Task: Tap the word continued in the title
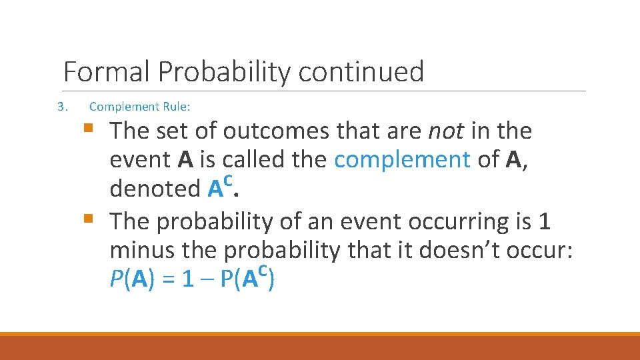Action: tap(361, 71)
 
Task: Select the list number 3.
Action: tap(61, 107)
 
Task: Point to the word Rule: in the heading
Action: tap(177, 107)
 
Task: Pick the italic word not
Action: tap(445, 131)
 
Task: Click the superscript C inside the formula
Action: tap(263, 271)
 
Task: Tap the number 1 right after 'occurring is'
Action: tap(543, 221)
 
